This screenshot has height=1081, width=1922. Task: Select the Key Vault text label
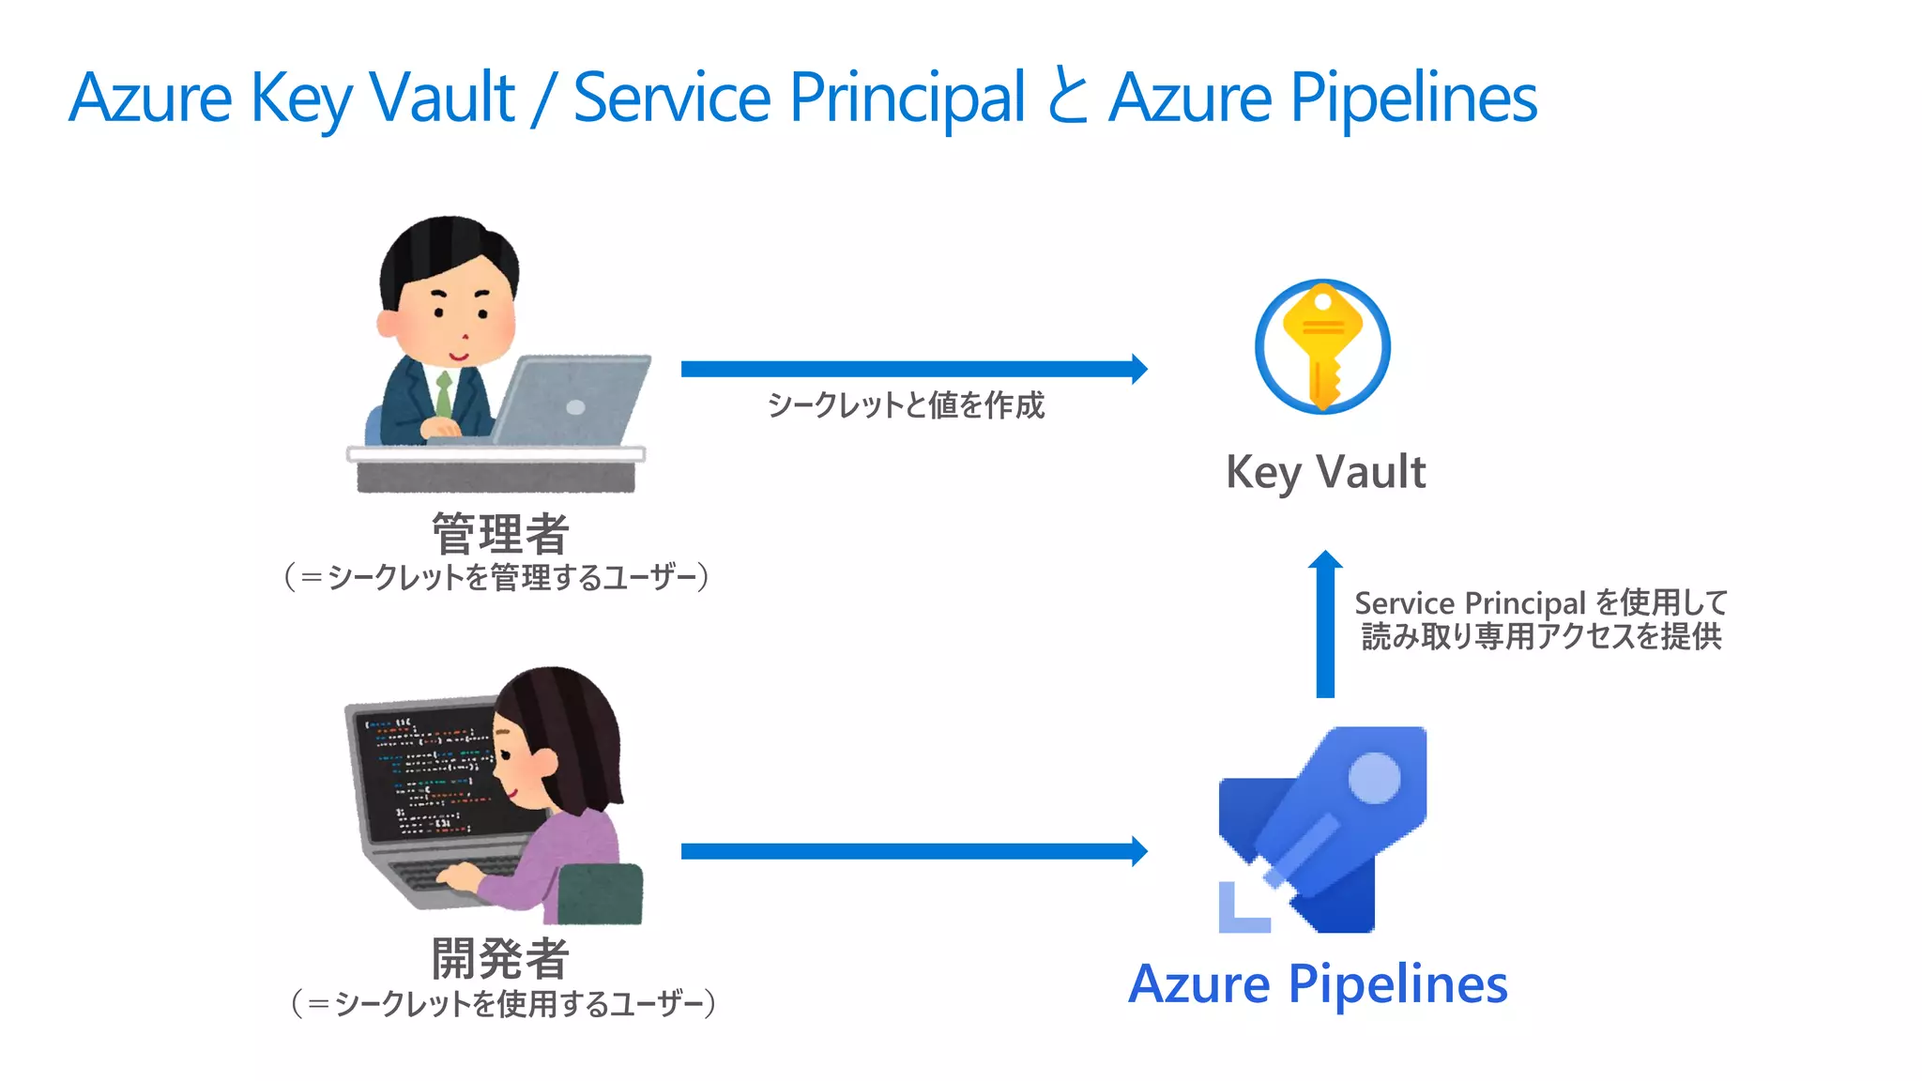coord(1325,471)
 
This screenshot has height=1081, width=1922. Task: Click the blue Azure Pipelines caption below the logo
coord(1318,983)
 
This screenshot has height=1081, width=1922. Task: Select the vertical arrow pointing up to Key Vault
coord(1325,624)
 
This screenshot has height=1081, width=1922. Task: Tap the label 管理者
coord(500,533)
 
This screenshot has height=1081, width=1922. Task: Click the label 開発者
coord(500,958)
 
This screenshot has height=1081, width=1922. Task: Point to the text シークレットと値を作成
coord(906,405)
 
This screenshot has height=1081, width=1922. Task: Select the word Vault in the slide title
coord(442,97)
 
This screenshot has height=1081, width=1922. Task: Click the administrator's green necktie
coord(443,393)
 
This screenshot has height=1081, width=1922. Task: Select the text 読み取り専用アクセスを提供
coord(1541,636)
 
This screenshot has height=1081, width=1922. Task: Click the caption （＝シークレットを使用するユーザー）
coord(503,1003)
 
